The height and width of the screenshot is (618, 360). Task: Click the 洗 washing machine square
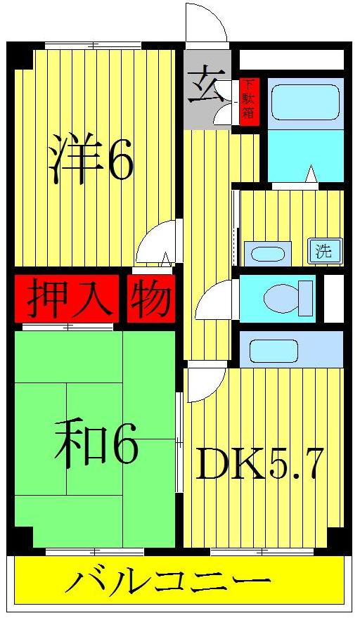tap(323, 250)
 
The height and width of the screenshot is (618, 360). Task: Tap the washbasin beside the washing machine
tap(267, 253)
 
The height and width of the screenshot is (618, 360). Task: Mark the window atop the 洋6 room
tap(92, 46)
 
